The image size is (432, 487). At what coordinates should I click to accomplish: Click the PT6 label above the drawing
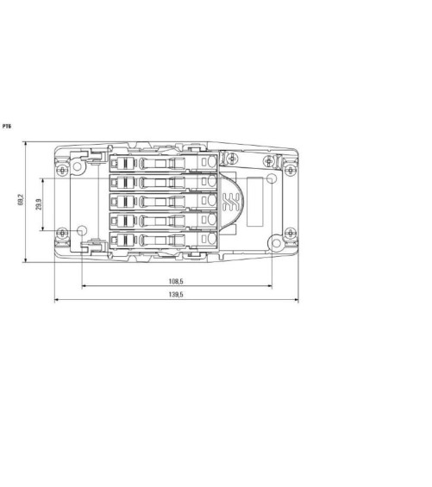click(x=7, y=127)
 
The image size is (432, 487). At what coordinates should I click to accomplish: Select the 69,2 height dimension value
click(x=21, y=200)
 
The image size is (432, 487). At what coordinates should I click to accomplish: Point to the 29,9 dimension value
click(x=39, y=204)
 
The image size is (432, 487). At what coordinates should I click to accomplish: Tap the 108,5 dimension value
click(x=176, y=281)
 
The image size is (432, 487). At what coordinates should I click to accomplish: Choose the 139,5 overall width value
click(x=176, y=295)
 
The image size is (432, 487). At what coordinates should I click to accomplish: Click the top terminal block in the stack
click(x=164, y=162)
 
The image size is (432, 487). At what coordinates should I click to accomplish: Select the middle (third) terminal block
click(x=164, y=201)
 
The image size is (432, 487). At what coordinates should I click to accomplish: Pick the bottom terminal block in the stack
click(x=164, y=240)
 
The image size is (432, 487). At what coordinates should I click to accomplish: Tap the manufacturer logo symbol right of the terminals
click(x=230, y=202)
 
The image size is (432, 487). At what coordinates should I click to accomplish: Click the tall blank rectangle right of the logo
click(x=255, y=202)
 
